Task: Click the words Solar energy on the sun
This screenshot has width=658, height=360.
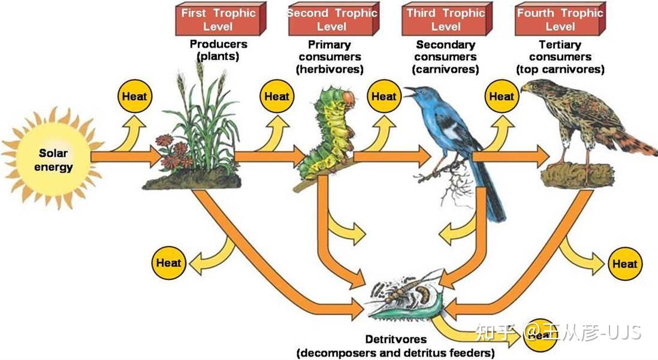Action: [53, 160]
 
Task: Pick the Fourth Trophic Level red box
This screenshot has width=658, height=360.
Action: [560, 19]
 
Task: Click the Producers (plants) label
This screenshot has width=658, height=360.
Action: [218, 50]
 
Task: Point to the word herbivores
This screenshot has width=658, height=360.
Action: [330, 69]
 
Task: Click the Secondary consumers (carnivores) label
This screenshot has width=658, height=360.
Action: [445, 57]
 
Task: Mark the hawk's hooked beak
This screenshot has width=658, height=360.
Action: [524, 88]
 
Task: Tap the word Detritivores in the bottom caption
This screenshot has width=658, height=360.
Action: [396, 339]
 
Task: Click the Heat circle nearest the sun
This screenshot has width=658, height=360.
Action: [134, 96]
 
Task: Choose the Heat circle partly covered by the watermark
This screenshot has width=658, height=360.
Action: [541, 335]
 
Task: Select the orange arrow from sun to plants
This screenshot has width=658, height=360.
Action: [126, 156]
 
